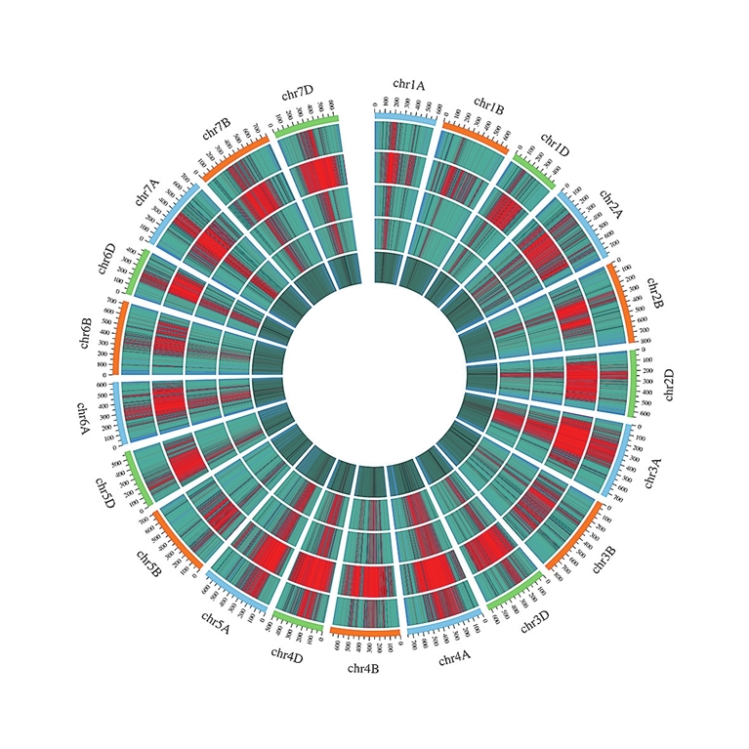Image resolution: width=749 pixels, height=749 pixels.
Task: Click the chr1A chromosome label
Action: click(409, 85)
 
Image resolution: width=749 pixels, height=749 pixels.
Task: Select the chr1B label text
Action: click(488, 105)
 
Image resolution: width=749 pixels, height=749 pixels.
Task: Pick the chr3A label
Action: click(650, 475)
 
